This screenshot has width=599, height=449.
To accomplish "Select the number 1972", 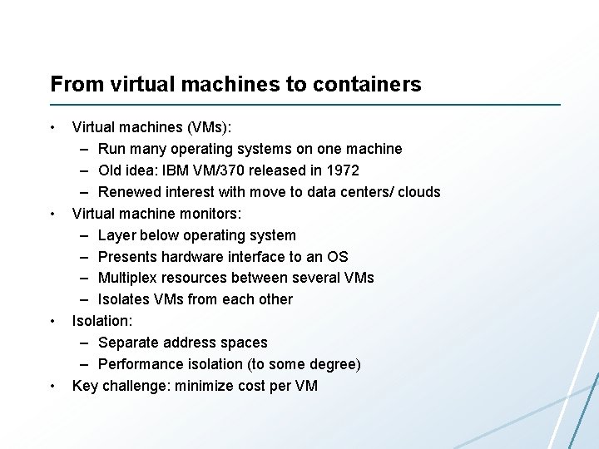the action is click(x=343, y=170).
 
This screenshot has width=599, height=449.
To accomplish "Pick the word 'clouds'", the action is click(x=418, y=192).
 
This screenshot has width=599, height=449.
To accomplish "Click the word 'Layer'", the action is click(x=116, y=235).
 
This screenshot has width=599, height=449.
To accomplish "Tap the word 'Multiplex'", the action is click(x=128, y=278).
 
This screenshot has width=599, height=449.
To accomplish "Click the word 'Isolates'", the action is click(x=123, y=299).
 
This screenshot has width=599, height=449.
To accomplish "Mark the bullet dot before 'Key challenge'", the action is click(x=52, y=386).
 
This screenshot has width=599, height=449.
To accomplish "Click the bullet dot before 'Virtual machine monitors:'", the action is click(x=52, y=214).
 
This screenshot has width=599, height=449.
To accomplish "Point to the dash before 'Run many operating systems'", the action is click(x=86, y=149).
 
